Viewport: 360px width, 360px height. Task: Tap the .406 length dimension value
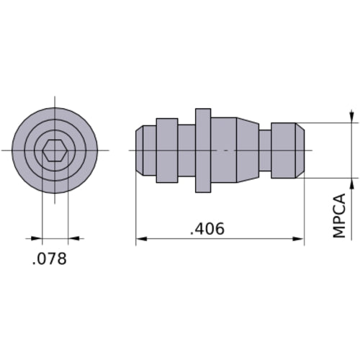click(x=207, y=230)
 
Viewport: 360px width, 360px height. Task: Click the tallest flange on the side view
click(x=203, y=150)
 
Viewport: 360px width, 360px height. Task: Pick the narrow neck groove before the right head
click(x=264, y=150)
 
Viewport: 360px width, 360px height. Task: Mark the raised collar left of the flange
click(x=167, y=150)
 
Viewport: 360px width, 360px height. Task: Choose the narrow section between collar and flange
click(x=186, y=150)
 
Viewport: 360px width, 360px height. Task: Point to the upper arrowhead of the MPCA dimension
click(x=351, y=117)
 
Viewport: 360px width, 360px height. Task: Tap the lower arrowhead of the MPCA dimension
click(x=351, y=182)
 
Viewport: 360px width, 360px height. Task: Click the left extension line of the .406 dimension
click(x=136, y=209)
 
